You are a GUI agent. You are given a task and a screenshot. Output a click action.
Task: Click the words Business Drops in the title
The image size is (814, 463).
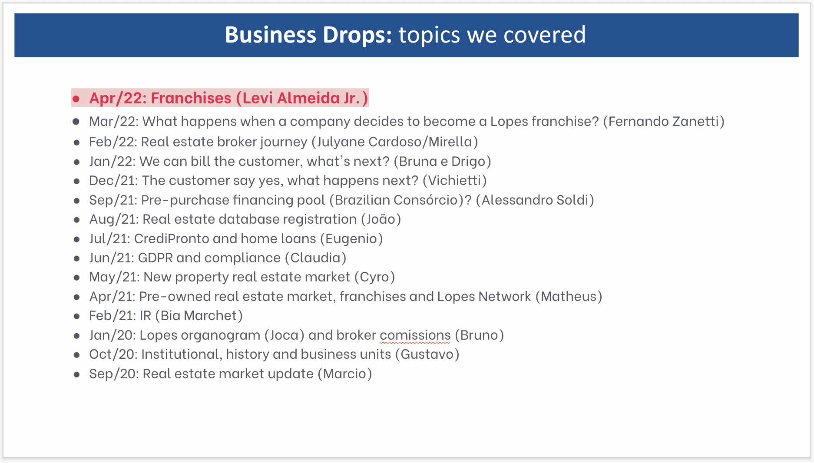coord(308,35)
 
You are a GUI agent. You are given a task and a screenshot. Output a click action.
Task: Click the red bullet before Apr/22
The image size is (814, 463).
coord(76,99)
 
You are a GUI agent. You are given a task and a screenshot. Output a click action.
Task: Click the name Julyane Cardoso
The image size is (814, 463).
coord(370,142)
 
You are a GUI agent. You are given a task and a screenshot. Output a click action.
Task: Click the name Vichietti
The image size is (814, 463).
coord(455,180)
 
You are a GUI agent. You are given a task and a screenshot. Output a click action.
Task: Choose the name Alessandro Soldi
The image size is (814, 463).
coord(535,200)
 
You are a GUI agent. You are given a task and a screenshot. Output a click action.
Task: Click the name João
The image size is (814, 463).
coord(381,219)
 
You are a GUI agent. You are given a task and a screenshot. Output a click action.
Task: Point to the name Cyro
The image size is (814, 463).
coord(374,277)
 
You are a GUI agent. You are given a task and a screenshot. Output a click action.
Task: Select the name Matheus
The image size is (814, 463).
coord(569,296)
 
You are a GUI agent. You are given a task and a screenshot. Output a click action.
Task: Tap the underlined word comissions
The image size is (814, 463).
coord(415,335)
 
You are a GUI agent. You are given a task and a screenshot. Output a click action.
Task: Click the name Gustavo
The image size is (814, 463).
coord(427,354)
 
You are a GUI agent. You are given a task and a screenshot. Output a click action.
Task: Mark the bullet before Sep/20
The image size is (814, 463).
coord(76,374)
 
